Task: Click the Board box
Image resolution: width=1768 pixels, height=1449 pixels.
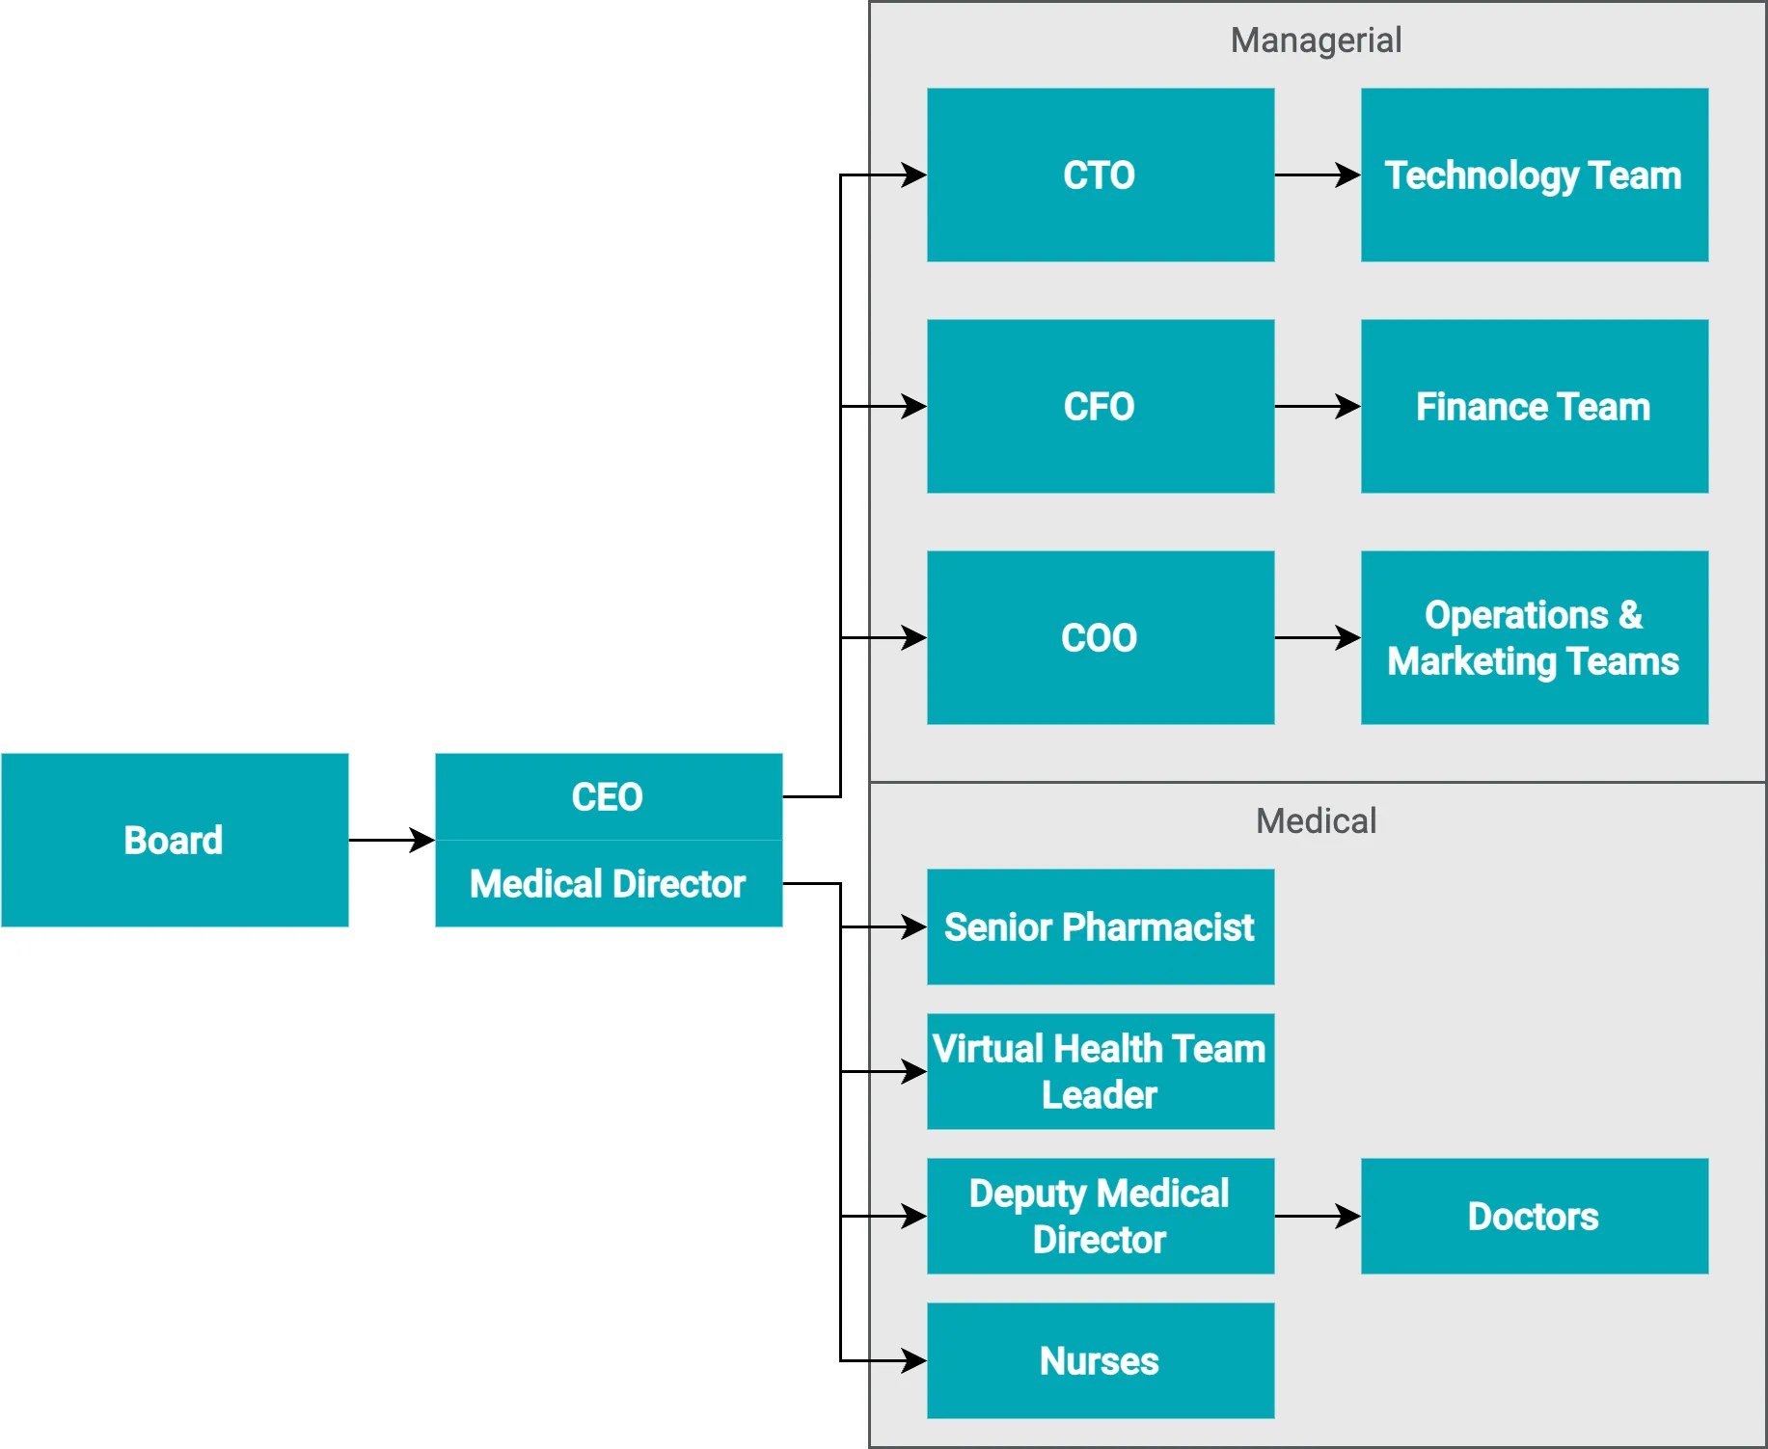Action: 175,840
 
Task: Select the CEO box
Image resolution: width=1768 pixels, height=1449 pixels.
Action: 608,796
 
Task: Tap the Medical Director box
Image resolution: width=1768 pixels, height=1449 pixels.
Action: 608,883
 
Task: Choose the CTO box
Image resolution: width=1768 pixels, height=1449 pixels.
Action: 1100,174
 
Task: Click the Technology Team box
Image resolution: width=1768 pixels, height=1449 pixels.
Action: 1534,174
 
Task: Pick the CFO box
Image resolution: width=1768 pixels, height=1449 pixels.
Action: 1100,406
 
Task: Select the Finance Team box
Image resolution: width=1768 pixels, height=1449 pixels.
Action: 1534,406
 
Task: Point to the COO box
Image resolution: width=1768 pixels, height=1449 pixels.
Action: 1100,637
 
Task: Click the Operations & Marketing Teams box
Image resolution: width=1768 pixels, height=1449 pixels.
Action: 1534,637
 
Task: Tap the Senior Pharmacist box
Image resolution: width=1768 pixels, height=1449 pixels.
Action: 1100,926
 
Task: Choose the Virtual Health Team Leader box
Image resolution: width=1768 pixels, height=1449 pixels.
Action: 1100,1071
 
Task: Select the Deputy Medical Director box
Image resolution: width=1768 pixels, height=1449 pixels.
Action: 1100,1216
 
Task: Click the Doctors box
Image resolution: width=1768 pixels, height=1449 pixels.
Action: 1534,1216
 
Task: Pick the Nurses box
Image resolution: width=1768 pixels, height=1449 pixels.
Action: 1100,1360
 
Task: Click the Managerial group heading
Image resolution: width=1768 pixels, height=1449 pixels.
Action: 1316,40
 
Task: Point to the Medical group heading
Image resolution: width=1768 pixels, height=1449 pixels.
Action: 1316,821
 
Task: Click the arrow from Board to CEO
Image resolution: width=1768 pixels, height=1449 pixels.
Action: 391,840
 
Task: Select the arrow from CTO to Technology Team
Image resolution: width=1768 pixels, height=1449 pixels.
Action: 1317,174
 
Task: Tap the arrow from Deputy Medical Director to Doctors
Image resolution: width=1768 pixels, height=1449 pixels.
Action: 1317,1216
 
